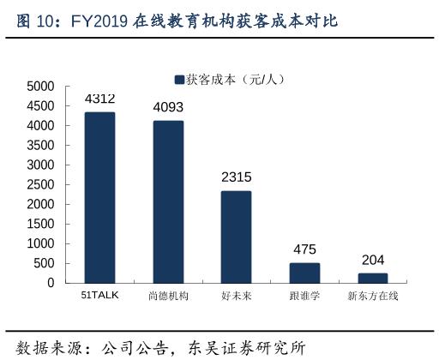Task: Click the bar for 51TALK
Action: click(99, 197)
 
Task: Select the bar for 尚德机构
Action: click(168, 201)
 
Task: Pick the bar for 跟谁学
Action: click(304, 273)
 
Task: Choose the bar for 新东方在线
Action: click(372, 278)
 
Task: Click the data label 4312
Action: click(99, 99)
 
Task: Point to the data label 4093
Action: click(168, 107)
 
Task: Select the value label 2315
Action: click(236, 177)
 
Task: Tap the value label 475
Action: click(304, 249)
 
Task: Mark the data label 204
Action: click(372, 260)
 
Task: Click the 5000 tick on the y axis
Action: click(40, 87)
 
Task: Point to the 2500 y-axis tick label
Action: click(40, 184)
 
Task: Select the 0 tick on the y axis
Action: click(51, 283)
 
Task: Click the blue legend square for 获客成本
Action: click(179, 80)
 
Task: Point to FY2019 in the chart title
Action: click(98, 21)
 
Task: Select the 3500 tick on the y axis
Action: click(40, 145)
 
